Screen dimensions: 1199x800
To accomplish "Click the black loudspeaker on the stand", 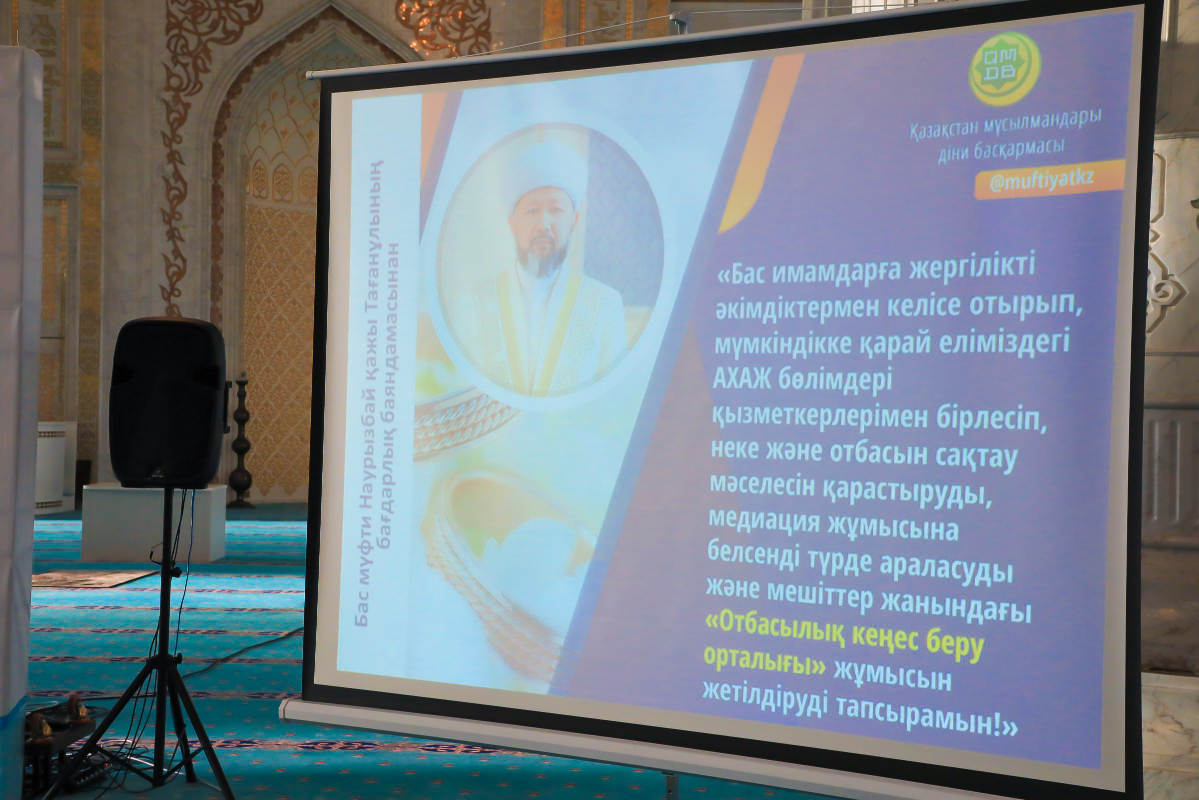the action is point(168,402).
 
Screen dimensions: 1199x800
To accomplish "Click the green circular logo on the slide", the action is point(1004,68).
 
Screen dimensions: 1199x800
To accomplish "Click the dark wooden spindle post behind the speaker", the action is point(241,439).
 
